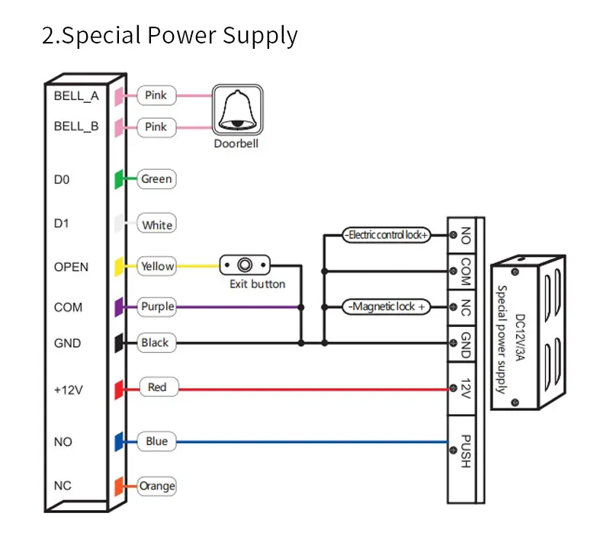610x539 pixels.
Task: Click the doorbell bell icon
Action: click(238, 110)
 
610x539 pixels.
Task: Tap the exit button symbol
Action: click(245, 265)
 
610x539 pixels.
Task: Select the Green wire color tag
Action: click(156, 179)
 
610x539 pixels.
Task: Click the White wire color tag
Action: click(156, 223)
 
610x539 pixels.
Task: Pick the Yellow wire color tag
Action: click(156, 266)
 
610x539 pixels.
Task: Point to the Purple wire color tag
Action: click(156, 306)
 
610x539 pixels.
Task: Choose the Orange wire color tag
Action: click(156, 486)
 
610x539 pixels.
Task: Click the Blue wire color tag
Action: click(156, 441)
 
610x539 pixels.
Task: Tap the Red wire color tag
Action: click(159, 387)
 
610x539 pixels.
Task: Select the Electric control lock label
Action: click(387, 235)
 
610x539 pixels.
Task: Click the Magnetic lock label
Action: click(387, 306)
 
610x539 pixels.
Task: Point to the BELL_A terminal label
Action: click(76, 95)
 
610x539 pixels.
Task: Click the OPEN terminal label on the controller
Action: click(71, 267)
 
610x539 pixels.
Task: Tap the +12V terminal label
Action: click(69, 390)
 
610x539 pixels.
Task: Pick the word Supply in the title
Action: click(260, 36)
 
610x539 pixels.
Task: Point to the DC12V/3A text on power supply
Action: click(520, 337)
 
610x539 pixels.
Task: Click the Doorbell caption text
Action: click(236, 143)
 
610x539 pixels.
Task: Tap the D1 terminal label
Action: click(62, 223)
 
